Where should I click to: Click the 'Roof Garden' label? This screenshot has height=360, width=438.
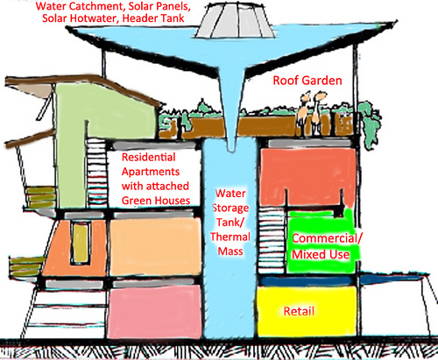point(307,81)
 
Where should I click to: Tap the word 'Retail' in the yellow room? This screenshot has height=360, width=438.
point(299,311)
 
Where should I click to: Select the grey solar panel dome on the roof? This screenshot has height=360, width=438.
point(235,20)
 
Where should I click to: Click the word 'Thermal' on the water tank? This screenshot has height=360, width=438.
point(230,236)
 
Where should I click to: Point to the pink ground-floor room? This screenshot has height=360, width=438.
point(155,312)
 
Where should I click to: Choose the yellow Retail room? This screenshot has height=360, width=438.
point(307,311)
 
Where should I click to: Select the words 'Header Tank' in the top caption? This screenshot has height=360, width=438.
point(153,18)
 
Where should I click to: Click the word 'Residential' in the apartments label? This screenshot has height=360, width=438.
point(148,157)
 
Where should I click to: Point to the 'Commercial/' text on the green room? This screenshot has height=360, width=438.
point(327,238)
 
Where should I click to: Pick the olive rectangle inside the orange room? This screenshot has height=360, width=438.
point(80,244)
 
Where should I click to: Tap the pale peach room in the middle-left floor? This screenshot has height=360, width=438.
point(155,247)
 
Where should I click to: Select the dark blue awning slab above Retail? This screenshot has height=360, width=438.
point(343,280)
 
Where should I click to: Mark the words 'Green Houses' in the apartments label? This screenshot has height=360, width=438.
point(156,201)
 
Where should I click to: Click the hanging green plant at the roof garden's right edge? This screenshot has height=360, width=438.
point(370,124)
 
